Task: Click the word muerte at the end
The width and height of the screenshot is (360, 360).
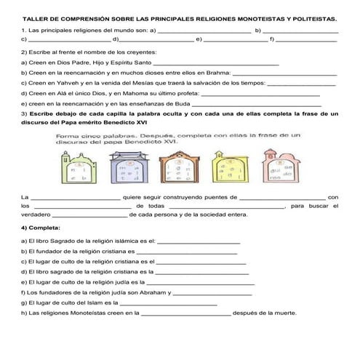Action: [x=281, y=313]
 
